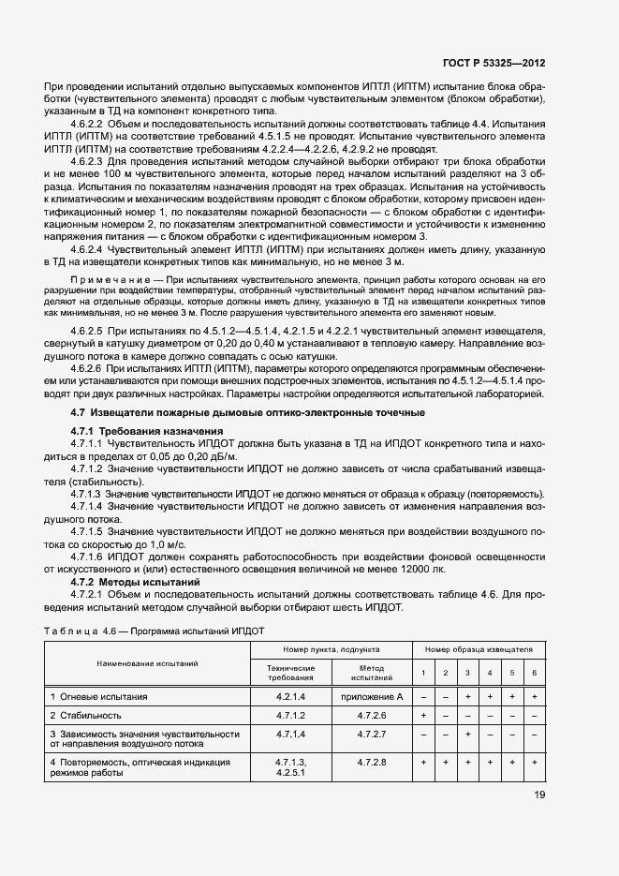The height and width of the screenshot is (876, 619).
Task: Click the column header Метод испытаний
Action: [372, 673]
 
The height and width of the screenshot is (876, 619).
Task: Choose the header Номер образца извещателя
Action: [479, 648]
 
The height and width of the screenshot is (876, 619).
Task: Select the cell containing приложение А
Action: [372, 697]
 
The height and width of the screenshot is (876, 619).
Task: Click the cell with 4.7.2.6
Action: [372, 716]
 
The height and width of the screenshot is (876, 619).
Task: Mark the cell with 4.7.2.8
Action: [372, 763]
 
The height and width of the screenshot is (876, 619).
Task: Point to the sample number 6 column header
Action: [534, 673]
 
